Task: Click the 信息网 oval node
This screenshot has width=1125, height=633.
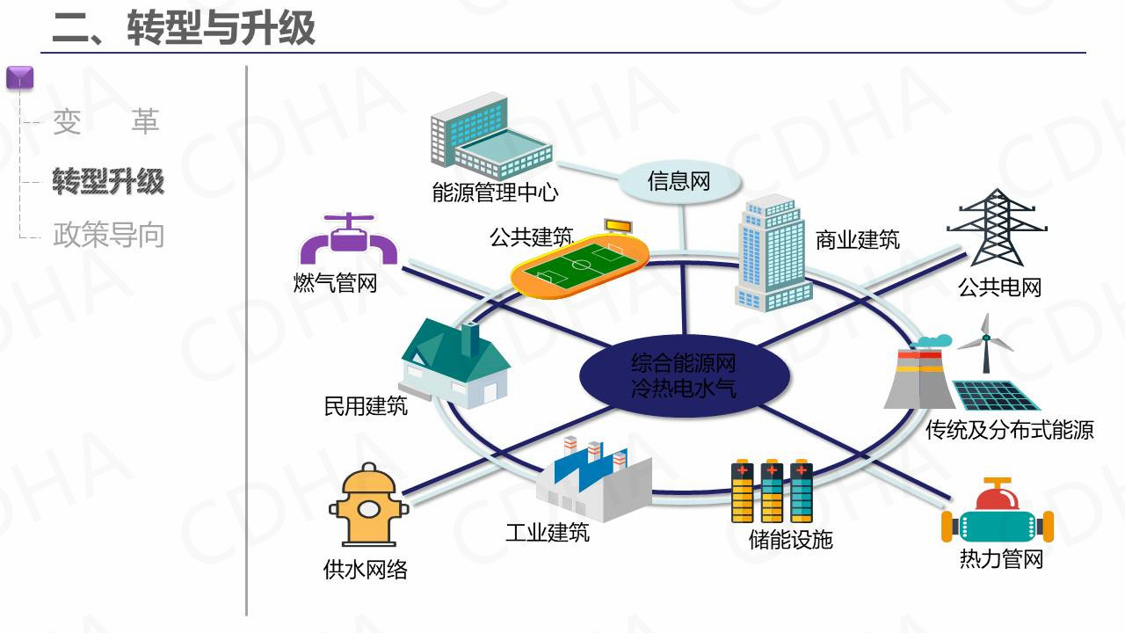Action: tap(679, 182)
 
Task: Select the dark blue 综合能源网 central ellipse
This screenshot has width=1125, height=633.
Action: tap(683, 375)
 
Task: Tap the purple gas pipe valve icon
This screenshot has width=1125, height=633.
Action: tap(348, 239)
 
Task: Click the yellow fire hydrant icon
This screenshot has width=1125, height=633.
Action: tap(368, 507)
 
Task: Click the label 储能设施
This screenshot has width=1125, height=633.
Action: tap(790, 539)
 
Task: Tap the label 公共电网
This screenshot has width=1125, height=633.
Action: tap(999, 287)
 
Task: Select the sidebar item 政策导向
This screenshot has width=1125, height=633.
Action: tap(108, 235)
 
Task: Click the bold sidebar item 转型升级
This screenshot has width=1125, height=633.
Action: tap(108, 182)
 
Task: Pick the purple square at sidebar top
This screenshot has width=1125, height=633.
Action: tap(19, 77)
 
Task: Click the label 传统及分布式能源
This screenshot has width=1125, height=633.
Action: tap(1009, 430)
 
